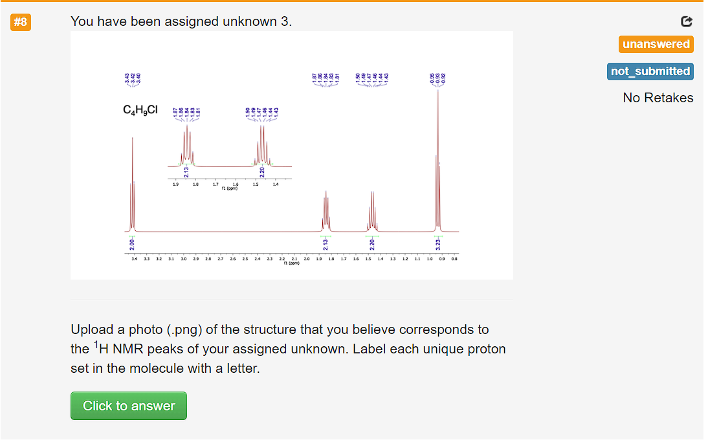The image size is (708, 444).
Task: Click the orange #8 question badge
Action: (21, 22)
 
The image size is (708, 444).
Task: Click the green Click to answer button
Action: (129, 406)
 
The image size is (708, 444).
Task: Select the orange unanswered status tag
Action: (656, 44)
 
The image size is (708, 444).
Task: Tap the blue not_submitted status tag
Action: (650, 71)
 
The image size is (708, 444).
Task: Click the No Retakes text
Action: (658, 98)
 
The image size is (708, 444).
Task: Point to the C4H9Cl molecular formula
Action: (140, 110)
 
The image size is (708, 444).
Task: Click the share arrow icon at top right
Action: (687, 21)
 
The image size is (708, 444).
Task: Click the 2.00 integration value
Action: (132, 244)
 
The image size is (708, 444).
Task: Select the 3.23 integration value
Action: (438, 244)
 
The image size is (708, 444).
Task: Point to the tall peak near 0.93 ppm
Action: (438, 162)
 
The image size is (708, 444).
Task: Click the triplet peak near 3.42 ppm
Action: (132, 188)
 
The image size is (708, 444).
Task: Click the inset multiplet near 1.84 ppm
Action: (187, 146)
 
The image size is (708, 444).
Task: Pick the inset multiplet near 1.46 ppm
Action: (262, 146)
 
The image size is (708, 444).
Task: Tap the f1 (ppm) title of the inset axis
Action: (229, 188)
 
